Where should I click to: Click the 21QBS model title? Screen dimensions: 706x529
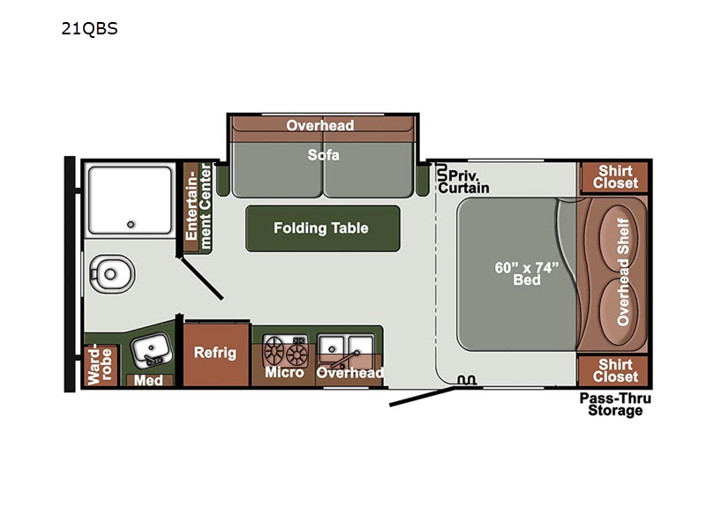[x=90, y=29]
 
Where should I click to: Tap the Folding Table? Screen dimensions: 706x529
[x=322, y=228]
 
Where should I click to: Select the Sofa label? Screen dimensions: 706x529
[x=323, y=155]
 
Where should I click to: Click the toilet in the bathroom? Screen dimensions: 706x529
[x=112, y=274]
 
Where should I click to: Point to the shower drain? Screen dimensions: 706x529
[x=131, y=224]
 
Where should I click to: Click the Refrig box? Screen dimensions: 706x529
[x=216, y=354]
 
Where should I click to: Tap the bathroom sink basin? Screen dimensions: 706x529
[x=151, y=349]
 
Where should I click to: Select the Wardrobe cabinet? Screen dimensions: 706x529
[x=101, y=365]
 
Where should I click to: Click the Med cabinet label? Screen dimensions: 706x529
[x=148, y=381]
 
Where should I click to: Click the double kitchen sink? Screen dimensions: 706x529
[x=345, y=349]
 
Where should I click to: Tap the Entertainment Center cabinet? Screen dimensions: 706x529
[x=197, y=206]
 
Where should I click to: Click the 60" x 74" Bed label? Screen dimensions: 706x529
[x=526, y=273]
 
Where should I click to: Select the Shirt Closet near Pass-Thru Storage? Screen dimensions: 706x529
[x=614, y=370]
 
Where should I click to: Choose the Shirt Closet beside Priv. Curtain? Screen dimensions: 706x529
[x=614, y=177]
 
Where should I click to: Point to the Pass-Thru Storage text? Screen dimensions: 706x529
[x=615, y=405]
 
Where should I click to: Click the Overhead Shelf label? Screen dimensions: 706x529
[x=623, y=272]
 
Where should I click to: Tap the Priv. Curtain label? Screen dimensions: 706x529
[x=464, y=182]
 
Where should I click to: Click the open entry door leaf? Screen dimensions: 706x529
[x=423, y=397]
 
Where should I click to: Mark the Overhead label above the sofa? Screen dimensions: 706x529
[x=320, y=125]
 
